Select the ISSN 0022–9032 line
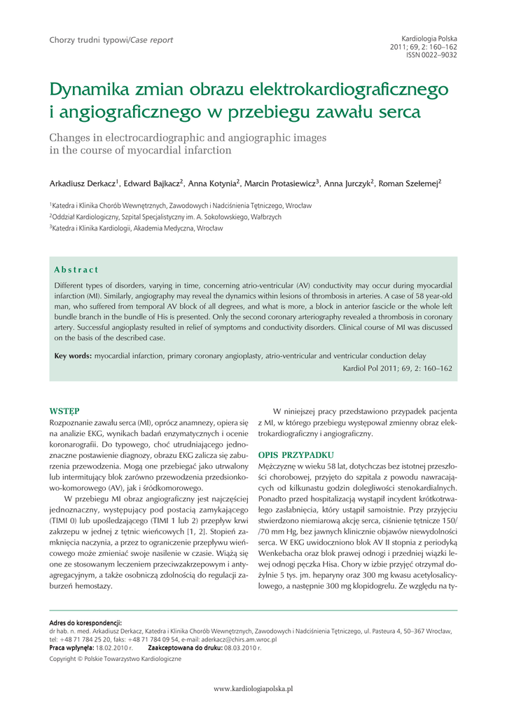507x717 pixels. tap(431, 55)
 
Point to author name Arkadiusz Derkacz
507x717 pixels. tap(82, 183)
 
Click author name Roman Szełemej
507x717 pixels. tap(408, 183)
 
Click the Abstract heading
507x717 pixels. tap(76, 270)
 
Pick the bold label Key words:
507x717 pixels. tap(73, 356)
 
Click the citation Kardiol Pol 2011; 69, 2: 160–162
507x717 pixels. tap(397, 368)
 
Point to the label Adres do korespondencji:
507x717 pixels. tap(85, 622)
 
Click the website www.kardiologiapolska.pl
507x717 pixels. tap(253, 690)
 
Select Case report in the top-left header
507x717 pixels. tap(151, 40)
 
